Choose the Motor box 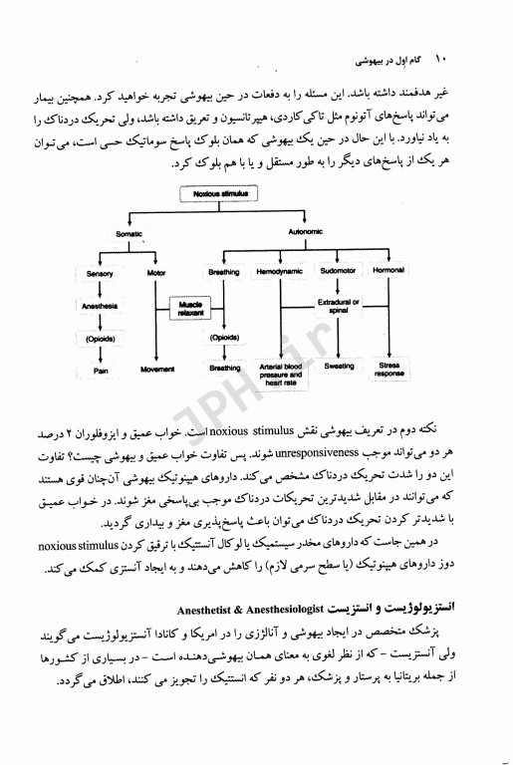point(155,271)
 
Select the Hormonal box point(388,271)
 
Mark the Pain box point(100,371)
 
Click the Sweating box point(339,367)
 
